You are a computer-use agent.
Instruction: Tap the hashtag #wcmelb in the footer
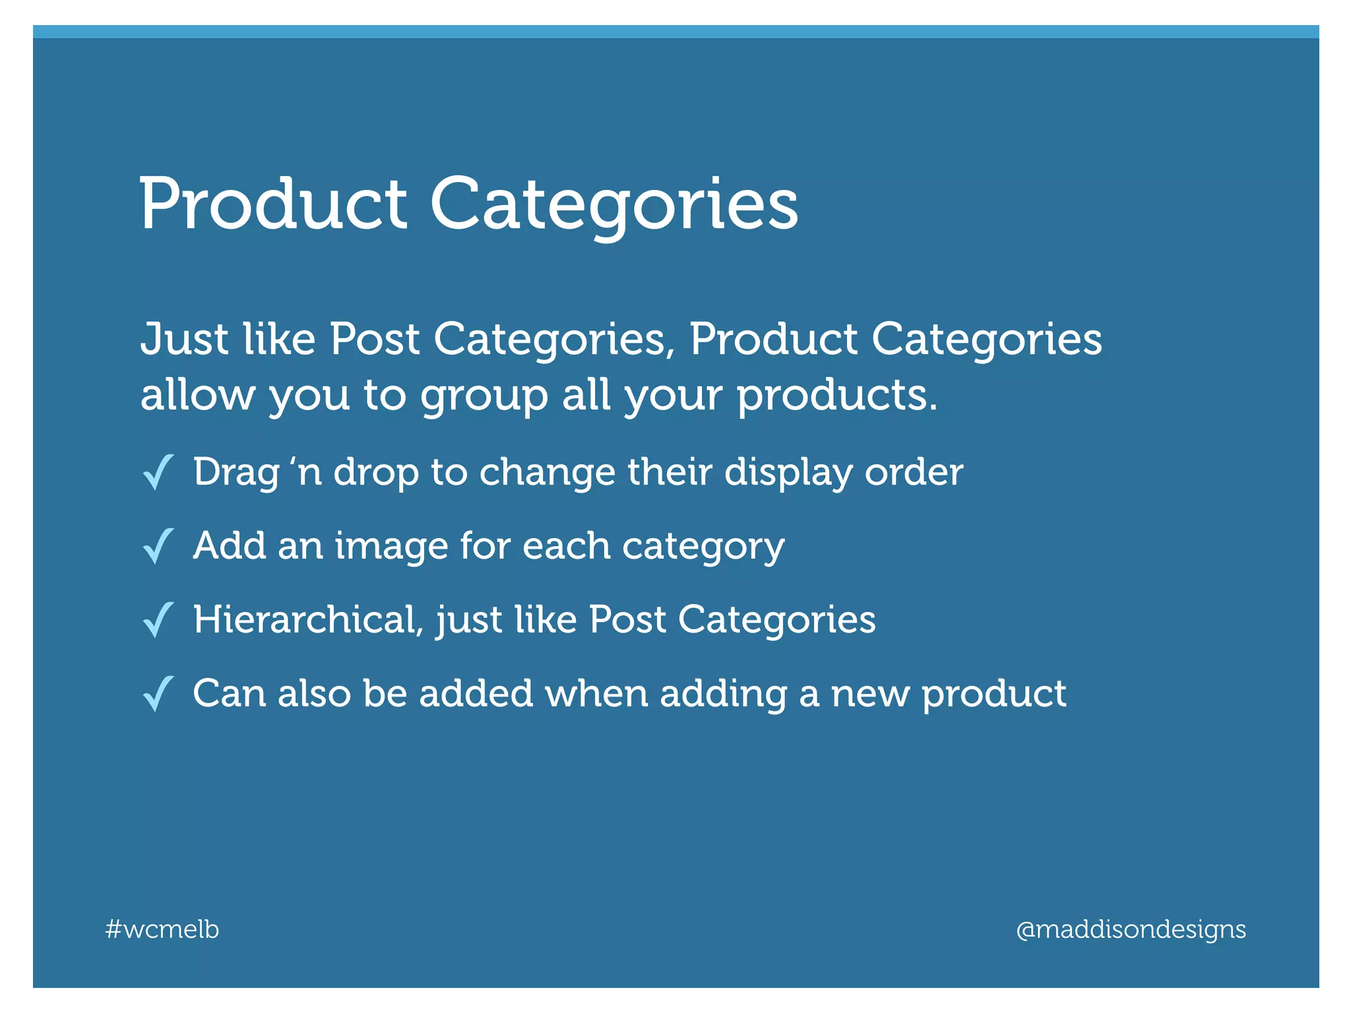[x=162, y=929]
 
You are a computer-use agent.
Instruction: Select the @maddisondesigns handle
[x=1131, y=929]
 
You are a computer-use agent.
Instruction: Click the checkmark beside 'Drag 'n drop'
[x=158, y=472]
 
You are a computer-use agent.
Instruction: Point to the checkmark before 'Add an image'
[x=158, y=546]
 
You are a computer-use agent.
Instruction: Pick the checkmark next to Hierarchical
[x=158, y=620]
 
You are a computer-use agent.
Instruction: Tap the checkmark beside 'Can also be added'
[x=158, y=694]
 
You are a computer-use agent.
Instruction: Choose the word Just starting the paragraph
[x=184, y=339]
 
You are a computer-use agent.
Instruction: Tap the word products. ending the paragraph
[x=836, y=397]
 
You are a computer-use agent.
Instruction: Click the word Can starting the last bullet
[x=229, y=694]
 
